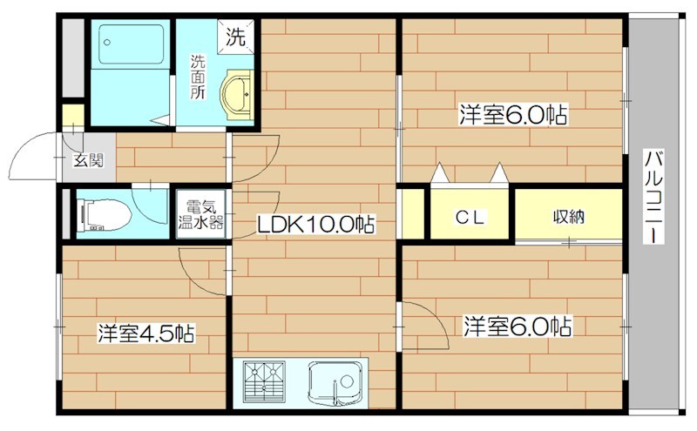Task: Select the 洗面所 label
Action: pyautogui.click(x=199, y=77)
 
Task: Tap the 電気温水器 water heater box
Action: pyautogui.click(x=200, y=214)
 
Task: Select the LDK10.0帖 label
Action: pyautogui.click(x=315, y=225)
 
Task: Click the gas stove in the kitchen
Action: pyautogui.click(x=266, y=381)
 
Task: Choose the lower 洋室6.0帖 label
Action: pyautogui.click(x=517, y=327)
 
